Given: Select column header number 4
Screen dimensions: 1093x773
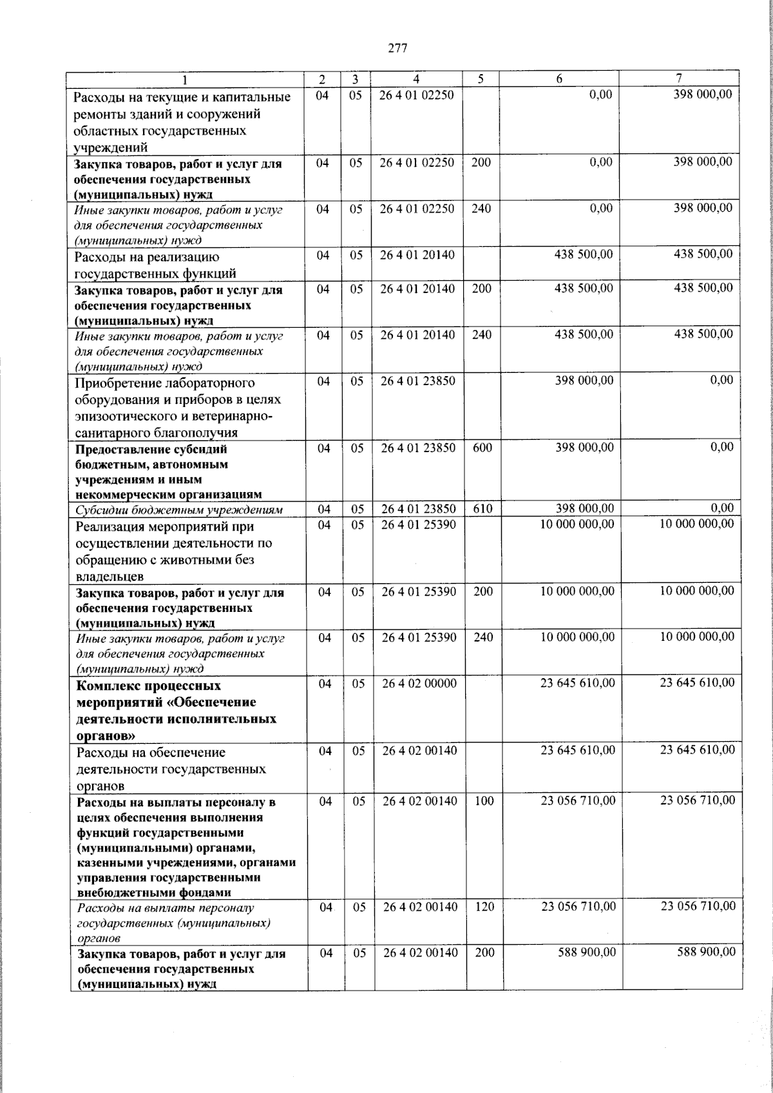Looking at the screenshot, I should click(x=416, y=79).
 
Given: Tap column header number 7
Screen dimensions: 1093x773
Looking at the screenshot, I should click(x=679, y=79).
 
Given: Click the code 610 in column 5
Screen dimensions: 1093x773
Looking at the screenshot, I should click(x=482, y=509).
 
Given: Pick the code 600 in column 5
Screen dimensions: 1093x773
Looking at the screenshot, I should click(x=482, y=448).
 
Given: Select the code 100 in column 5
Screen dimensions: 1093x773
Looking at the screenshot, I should click(x=484, y=801).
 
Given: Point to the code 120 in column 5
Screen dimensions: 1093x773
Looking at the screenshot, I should click(x=484, y=907).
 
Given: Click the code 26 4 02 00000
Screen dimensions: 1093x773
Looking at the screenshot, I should click(x=419, y=683).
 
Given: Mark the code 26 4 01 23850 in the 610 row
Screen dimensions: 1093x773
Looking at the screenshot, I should click(x=418, y=509).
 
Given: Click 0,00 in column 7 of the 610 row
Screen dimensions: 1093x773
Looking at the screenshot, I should click(x=721, y=509).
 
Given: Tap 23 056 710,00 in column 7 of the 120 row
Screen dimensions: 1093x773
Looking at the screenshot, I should click(x=698, y=907).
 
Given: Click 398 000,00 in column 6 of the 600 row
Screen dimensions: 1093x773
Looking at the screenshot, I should click(x=584, y=448).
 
